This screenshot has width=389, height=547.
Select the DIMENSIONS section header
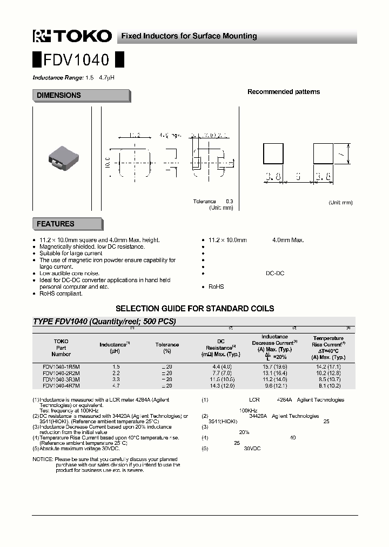click(59, 95)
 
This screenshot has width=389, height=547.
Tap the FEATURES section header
click(56, 224)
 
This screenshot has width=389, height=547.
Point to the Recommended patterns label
click(283, 92)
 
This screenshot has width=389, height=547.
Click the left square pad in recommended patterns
click(273, 154)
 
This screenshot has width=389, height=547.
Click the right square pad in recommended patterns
click(324, 154)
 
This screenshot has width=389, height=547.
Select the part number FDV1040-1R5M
click(61, 366)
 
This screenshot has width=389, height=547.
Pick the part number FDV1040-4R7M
click(61, 386)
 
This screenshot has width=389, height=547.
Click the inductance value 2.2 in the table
click(116, 373)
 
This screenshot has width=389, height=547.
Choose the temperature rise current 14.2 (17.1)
click(328, 366)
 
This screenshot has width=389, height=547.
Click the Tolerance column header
click(167, 344)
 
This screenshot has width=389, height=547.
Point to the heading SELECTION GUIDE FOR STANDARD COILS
click(195, 309)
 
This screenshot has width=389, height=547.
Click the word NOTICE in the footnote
click(43, 459)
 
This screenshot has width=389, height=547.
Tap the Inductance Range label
click(58, 78)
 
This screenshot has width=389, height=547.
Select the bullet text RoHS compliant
click(61, 293)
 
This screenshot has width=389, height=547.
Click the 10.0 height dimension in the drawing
click(107, 161)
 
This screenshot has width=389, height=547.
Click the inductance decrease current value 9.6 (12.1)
click(274, 386)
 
